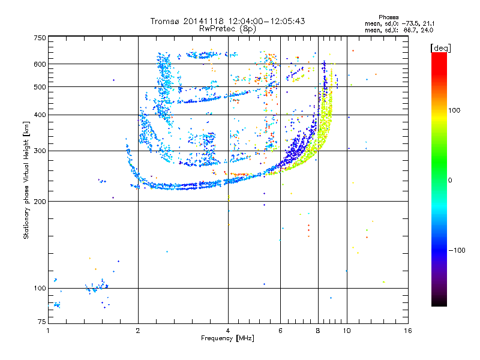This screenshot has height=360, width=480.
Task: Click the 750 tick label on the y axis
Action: pyautogui.click(x=40, y=38)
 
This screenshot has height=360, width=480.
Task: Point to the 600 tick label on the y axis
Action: pyautogui.click(x=40, y=64)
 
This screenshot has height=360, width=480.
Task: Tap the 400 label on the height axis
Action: pyautogui.click(x=40, y=115)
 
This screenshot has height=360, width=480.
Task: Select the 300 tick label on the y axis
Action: pyautogui.click(x=40, y=151)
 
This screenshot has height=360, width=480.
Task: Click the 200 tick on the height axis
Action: pyautogui.click(x=40, y=201)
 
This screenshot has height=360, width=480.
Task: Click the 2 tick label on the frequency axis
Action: pyautogui.click(x=138, y=331)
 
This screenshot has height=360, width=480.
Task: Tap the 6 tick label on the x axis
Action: pyautogui.click(x=280, y=331)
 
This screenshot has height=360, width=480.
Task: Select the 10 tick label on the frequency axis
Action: pyautogui.click(x=347, y=331)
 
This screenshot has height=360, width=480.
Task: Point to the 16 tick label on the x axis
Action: pyautogui.click(x=407, y=331)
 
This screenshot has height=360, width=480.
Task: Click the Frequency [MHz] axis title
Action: pyautogui.click(x=227, y=338)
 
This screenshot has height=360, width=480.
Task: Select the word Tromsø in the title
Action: pyautogui.click(x=165, y=21)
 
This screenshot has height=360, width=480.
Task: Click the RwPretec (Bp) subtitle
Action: pyautogui.click(x=228, y=28)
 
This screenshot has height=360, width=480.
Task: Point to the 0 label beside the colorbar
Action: pyautogui.click(x=451, y=180)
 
